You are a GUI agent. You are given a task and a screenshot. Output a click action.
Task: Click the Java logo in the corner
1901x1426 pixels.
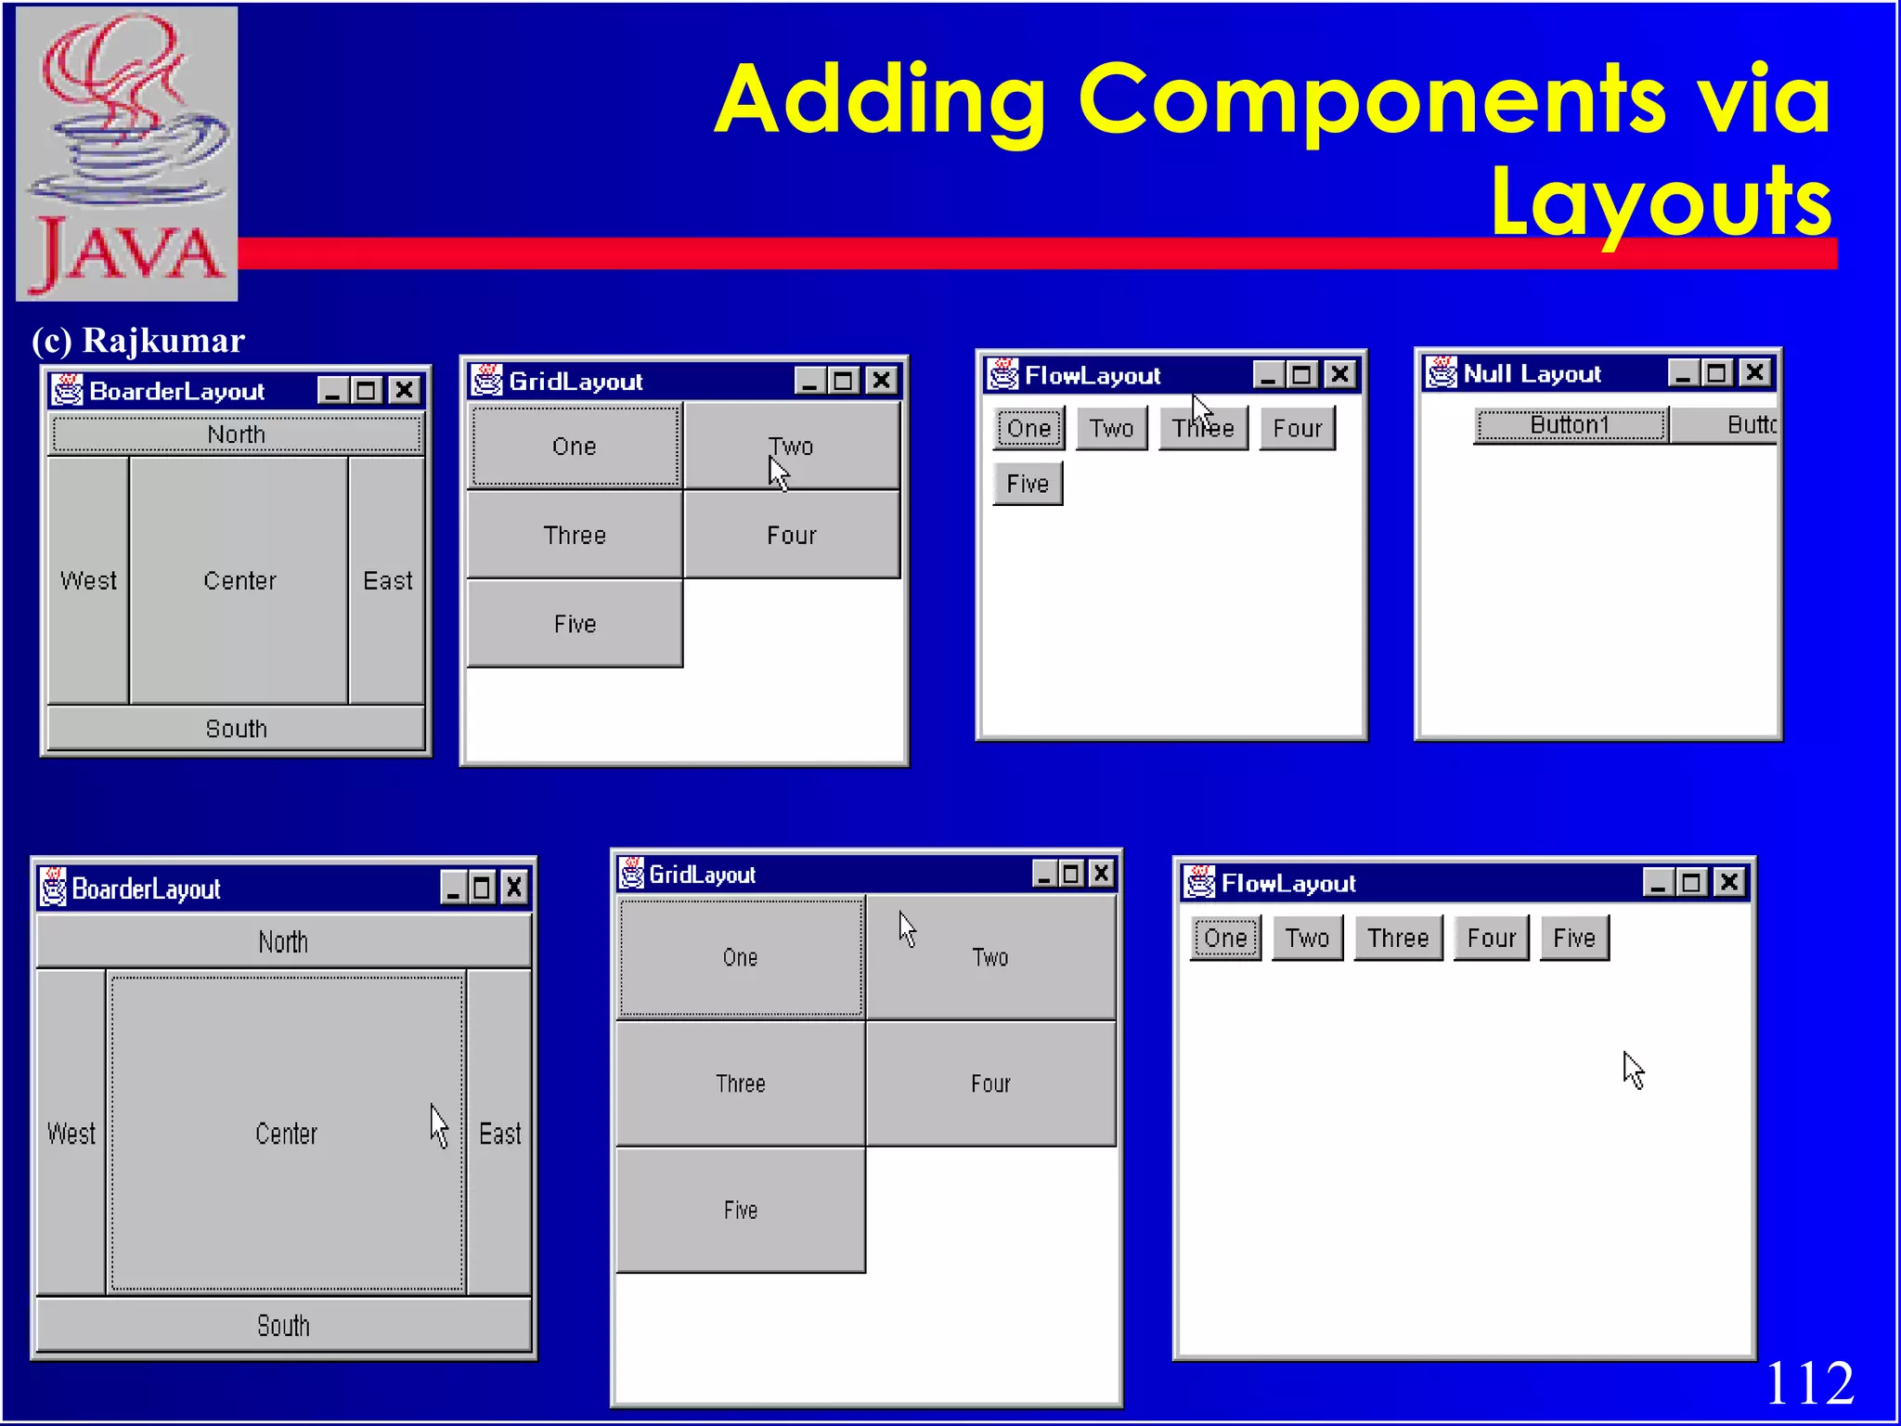point(127,153)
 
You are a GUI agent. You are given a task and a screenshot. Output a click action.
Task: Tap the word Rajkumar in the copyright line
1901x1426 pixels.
point(163,341)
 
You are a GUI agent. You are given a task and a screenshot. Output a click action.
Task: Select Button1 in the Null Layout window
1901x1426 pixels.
point(1570,425)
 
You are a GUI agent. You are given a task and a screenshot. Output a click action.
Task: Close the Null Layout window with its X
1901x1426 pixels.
point(1754,373)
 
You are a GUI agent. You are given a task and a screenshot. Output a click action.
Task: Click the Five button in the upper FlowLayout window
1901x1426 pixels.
point(1028,484)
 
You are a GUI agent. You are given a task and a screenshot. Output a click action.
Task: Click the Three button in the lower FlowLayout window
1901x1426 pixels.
point(1397,938)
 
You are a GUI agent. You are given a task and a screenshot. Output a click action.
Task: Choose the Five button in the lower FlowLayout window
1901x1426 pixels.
point(1573,938)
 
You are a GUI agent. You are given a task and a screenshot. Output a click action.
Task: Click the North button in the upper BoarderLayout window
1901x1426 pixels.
point(237,434)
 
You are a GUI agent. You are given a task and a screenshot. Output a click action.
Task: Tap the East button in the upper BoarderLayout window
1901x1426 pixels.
point(387,580)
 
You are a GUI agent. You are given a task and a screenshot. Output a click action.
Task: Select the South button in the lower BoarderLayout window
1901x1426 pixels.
point(283,1325)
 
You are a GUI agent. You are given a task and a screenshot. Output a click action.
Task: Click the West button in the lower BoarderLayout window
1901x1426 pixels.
point(71,1133)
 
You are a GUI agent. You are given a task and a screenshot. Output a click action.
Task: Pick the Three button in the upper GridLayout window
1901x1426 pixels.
point(575,536)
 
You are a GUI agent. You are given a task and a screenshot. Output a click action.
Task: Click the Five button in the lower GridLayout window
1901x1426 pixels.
point(740,1210)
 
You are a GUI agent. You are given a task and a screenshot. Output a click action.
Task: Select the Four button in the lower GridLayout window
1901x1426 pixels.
point(990,1083)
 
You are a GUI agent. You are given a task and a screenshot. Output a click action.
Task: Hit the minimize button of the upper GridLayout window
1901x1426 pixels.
point(809,381)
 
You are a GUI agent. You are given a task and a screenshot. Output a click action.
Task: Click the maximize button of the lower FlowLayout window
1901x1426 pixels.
point(1692,882)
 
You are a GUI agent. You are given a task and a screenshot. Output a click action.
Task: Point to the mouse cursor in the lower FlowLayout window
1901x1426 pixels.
point(1633,1069)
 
